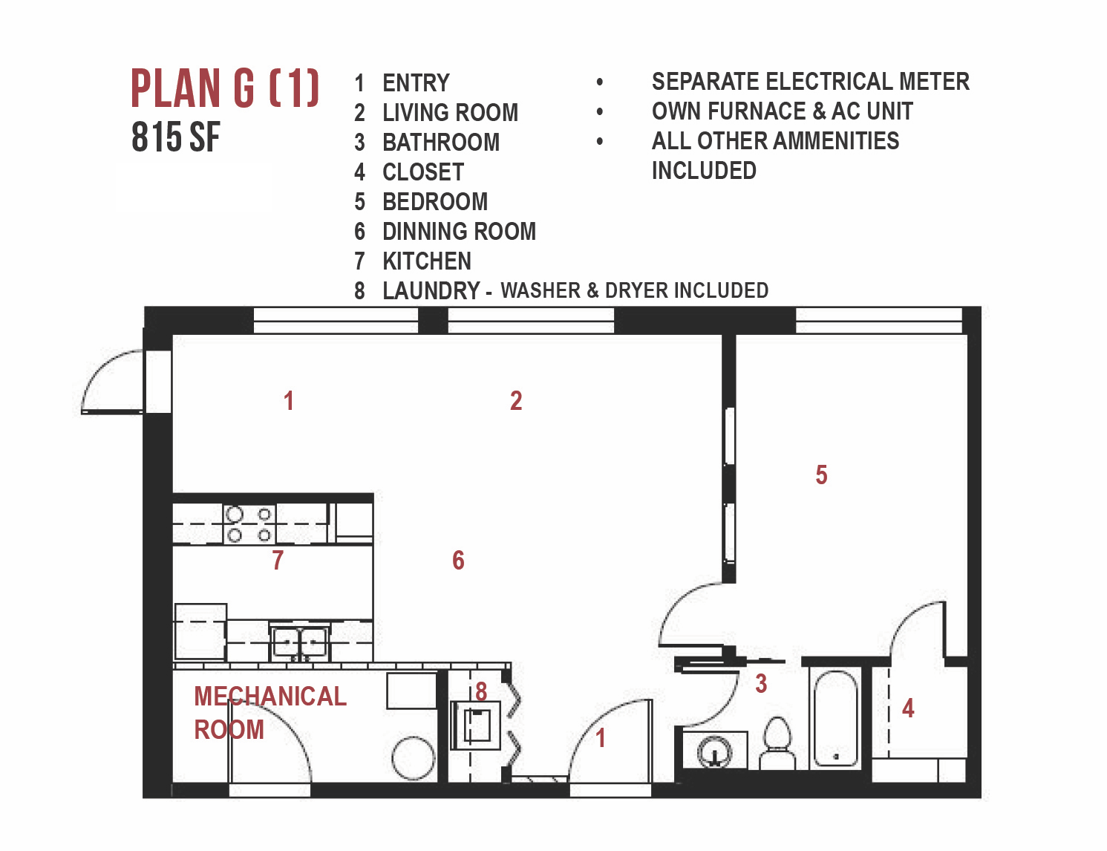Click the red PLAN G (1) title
[x=225, y=88]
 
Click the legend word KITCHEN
[x=427, y=261]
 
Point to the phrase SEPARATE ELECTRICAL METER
[x=811, y=82]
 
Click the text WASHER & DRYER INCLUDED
[x=634, y=290]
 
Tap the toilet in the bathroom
[x=777, y=743]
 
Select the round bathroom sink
[x=714, y=751]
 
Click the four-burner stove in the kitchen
[x=249, y=524]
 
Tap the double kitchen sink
[x=299, y=642]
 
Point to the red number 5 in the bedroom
[x=821, y=475]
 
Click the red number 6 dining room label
[x=458, y=560]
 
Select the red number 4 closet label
[x=908, y=708]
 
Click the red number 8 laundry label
[x=481, y=691]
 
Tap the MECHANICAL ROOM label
[x=270, y=713]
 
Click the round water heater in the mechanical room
[x=413, y=758]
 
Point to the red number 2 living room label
[x=516, y=401]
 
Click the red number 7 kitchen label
[x=277, y=560]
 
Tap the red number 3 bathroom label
[x=761, y=684]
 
